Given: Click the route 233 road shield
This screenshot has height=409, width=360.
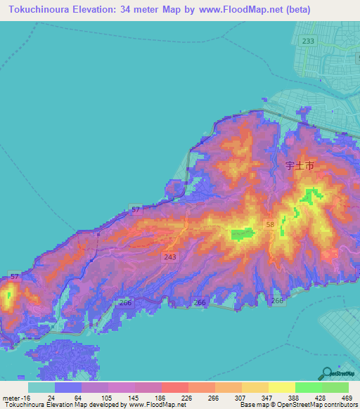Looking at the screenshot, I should point(308,41).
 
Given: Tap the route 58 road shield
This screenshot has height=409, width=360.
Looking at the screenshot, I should point(270,224).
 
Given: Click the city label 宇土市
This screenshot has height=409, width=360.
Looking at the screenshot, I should point(300,167).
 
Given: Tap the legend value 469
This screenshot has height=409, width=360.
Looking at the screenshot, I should point(346,398).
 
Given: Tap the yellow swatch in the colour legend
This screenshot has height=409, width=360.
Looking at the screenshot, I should point(281,387).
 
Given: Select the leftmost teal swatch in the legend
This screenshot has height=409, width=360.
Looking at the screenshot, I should point(41,387).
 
